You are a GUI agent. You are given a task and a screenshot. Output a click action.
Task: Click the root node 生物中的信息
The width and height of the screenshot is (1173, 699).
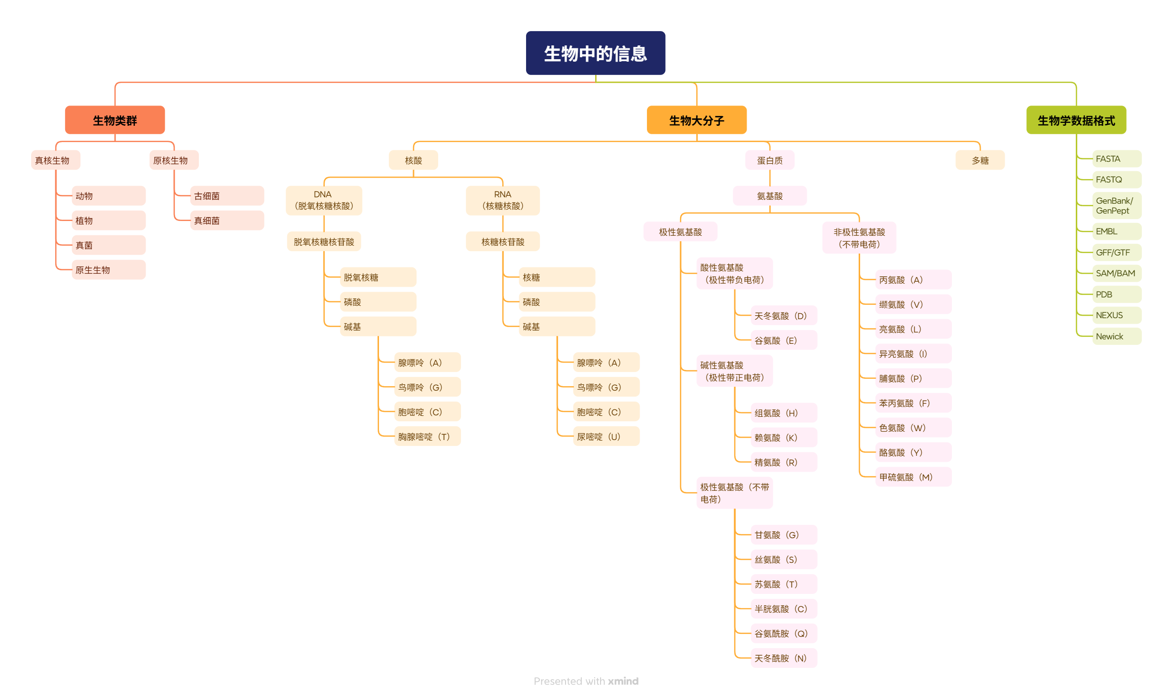click(x=595, y=53)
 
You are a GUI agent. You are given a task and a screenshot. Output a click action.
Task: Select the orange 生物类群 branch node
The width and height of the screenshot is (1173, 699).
click(x=114, y=120)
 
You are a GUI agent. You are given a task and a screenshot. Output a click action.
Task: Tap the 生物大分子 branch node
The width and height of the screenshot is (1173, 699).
click(x=696, y=120)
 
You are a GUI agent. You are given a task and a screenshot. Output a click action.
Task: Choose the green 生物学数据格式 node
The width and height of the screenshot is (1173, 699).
click(x=1076, y=120)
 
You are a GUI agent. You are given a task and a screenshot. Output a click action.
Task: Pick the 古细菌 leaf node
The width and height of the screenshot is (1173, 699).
click(x=227, y=196)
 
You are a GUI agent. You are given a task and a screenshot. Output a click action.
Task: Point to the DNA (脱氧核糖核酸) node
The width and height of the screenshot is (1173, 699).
click(x=324, y=200)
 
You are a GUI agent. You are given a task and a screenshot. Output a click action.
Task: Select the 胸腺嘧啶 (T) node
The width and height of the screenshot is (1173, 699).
click(x=427, y=437)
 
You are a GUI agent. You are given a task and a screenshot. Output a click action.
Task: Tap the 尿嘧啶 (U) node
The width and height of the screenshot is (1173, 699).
click(x=605, y=437)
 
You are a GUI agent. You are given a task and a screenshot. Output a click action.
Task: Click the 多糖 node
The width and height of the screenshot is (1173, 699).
click(x=980, y=160)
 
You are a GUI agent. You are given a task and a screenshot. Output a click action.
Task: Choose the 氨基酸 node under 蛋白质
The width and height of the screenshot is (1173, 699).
click(x=769, y=196)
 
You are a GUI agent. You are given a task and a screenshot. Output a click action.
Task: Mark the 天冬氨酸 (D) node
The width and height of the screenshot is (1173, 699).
click(x=783, y=316)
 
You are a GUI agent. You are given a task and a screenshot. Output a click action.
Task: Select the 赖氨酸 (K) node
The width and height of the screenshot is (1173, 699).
click(x=783, y=438)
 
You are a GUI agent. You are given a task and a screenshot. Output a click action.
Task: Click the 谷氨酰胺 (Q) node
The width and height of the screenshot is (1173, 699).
click(x=783, y=633)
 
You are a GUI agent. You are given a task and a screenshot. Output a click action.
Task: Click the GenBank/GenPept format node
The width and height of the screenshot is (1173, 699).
click(x=1116, y=206)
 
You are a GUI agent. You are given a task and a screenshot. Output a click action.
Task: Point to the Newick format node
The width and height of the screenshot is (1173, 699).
click(x=1116, y=336)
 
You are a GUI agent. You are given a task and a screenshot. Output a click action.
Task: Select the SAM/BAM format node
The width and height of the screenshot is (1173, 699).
click(x=1116, y=273)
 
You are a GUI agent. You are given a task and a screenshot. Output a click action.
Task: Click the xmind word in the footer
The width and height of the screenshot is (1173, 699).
click(x=623, y=681)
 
